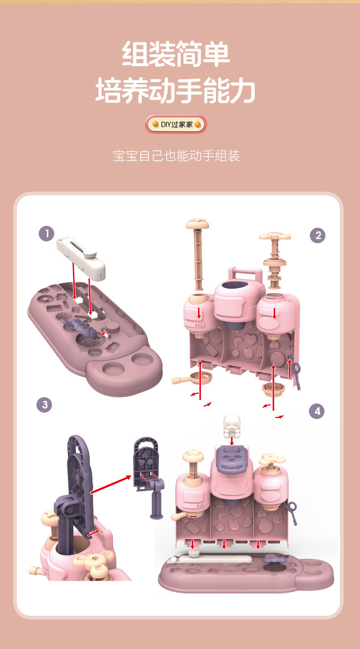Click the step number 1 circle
pyautogui.click(x=46, y=234)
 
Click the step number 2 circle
pyautogui.click(x=317, y=235)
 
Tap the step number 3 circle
pyautogui.click(x=44, y=404)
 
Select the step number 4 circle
pyautogui.click(x=317, y=411)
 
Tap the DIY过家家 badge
pyautogui.click(x=176, y=124)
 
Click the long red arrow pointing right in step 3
pyautogui.click(x=111, y=484)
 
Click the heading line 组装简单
pyautogui.click(x=176, y=54)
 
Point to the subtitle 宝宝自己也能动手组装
pyautogui.click(x=176, y=156)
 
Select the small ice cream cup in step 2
pyautogui.click(x=273, y=389)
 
